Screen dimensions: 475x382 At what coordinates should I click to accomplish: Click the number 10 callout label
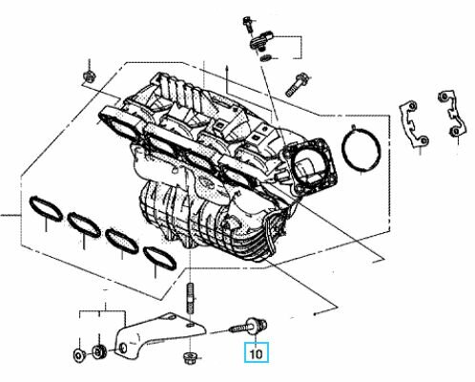[x=257, y=353]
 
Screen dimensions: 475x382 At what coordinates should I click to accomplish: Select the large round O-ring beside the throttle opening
[x=361, y=147]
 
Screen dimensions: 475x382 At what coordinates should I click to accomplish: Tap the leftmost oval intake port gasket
[x=46, y=209]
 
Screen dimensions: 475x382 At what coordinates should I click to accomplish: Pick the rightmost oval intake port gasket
[x=159, y=258]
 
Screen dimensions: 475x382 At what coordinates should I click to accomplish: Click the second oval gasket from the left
[x=84, y=224]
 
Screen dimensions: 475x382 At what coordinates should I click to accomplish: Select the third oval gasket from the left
[x=122, y=241]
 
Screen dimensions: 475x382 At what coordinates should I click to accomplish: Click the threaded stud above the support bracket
[x=190, y=298]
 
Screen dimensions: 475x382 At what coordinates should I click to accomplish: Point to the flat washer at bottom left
[x=78, y=354]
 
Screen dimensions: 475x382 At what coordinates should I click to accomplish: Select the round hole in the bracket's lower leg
[x=122, y=349]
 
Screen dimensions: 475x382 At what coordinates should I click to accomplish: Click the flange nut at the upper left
[x=88, y=76]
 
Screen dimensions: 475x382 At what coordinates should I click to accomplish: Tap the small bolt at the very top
[x=248, y=24]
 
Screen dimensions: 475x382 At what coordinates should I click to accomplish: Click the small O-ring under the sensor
[x=264, y=57]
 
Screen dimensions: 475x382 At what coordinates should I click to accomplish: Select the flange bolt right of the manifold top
[x=296, y=84]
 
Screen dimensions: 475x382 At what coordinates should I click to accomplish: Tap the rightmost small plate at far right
[x=452, y=114]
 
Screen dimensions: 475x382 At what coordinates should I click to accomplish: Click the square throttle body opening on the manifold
[x=311, y=166]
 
